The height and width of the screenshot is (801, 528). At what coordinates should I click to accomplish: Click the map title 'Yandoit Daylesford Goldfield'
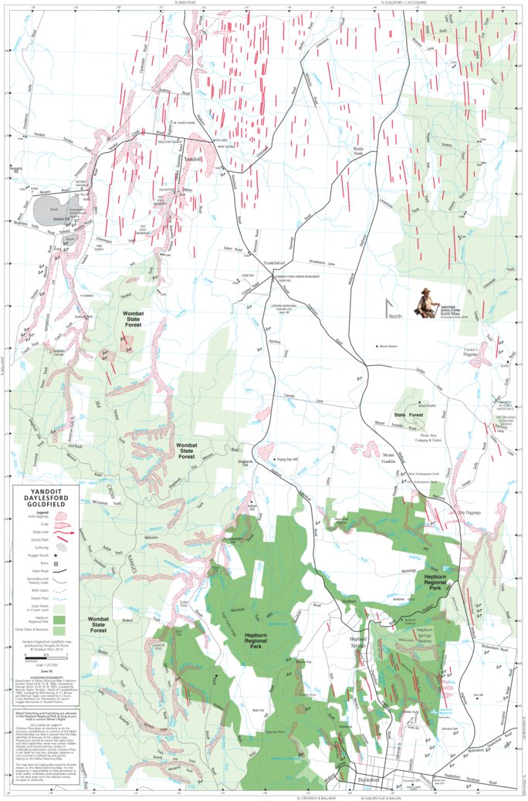coord(46,499)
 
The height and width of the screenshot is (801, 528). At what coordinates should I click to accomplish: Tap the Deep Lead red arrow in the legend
coord(63,532)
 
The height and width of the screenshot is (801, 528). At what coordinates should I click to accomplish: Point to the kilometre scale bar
coord(46,657)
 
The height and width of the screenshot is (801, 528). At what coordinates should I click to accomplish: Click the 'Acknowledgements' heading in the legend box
coord(46,678)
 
